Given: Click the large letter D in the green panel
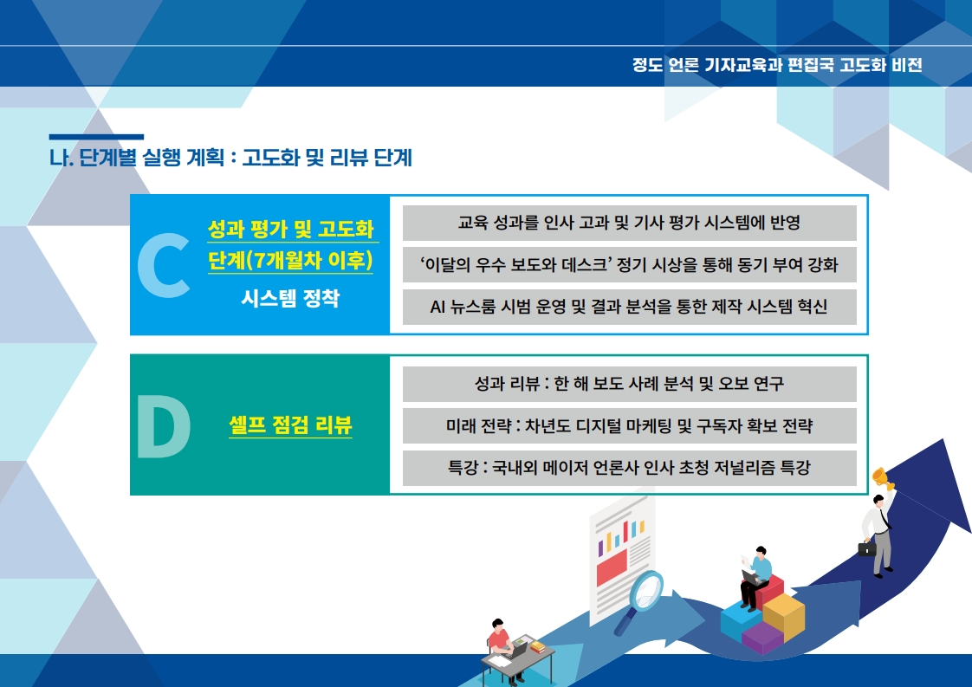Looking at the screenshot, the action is coord(164,426).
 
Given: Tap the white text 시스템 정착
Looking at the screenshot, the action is coord(290,298).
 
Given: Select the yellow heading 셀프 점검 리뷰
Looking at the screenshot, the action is coord(290,425).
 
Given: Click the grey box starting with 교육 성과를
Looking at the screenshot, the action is coord(629,223).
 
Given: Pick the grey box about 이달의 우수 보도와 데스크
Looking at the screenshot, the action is coord(629,265).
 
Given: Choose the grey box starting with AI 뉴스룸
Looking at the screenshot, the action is coord(629,307).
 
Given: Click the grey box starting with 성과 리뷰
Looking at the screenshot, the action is coord(629,384).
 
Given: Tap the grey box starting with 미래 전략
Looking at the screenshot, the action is coord(629,425).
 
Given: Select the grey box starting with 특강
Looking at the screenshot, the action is coord(629,468).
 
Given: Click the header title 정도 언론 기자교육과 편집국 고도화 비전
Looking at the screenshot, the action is coord(777,65).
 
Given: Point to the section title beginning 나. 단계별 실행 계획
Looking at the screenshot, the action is coord(230,158).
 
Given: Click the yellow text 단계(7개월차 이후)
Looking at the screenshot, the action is coord(290,261).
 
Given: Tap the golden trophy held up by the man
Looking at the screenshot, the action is coord(883,478).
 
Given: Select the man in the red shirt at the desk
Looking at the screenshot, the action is coord(501,645).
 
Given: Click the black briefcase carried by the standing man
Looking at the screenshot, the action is coord(866,548).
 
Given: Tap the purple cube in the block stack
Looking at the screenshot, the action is coord(762,638).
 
